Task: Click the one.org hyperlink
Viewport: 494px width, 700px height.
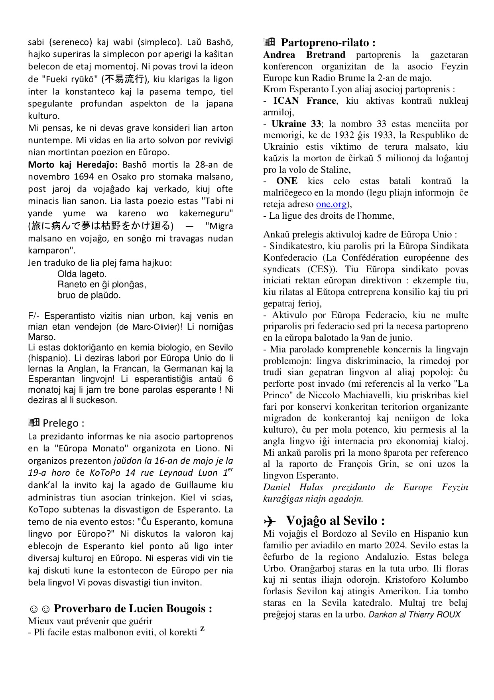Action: click(x=331, y=204)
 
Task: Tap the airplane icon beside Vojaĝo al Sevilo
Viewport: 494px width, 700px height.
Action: click(x=270, y=521)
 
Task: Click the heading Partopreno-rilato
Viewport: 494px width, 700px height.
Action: click(x=328, y=43)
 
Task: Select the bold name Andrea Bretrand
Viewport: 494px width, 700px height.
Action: click(x=304, y=55)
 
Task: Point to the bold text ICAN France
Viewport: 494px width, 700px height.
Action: click(x=305, y=101)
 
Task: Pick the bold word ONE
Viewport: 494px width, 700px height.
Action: click(x=287, y=181)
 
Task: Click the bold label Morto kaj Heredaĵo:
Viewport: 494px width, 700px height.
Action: click(x=73, y=164)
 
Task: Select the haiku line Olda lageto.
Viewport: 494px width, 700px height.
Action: click(x=82, y=274)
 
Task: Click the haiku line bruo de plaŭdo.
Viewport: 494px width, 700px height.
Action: click(x=89, y=295)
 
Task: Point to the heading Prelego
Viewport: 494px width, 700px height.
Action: click(x=63, y=423)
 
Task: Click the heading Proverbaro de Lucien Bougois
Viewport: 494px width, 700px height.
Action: click(x=132, y=609)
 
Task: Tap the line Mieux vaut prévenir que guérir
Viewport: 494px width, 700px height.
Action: click(x=90, y=621)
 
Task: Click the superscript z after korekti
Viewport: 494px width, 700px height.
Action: click(x=203, y=629)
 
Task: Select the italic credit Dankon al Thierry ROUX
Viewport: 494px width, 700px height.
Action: click(x=414, y=615)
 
